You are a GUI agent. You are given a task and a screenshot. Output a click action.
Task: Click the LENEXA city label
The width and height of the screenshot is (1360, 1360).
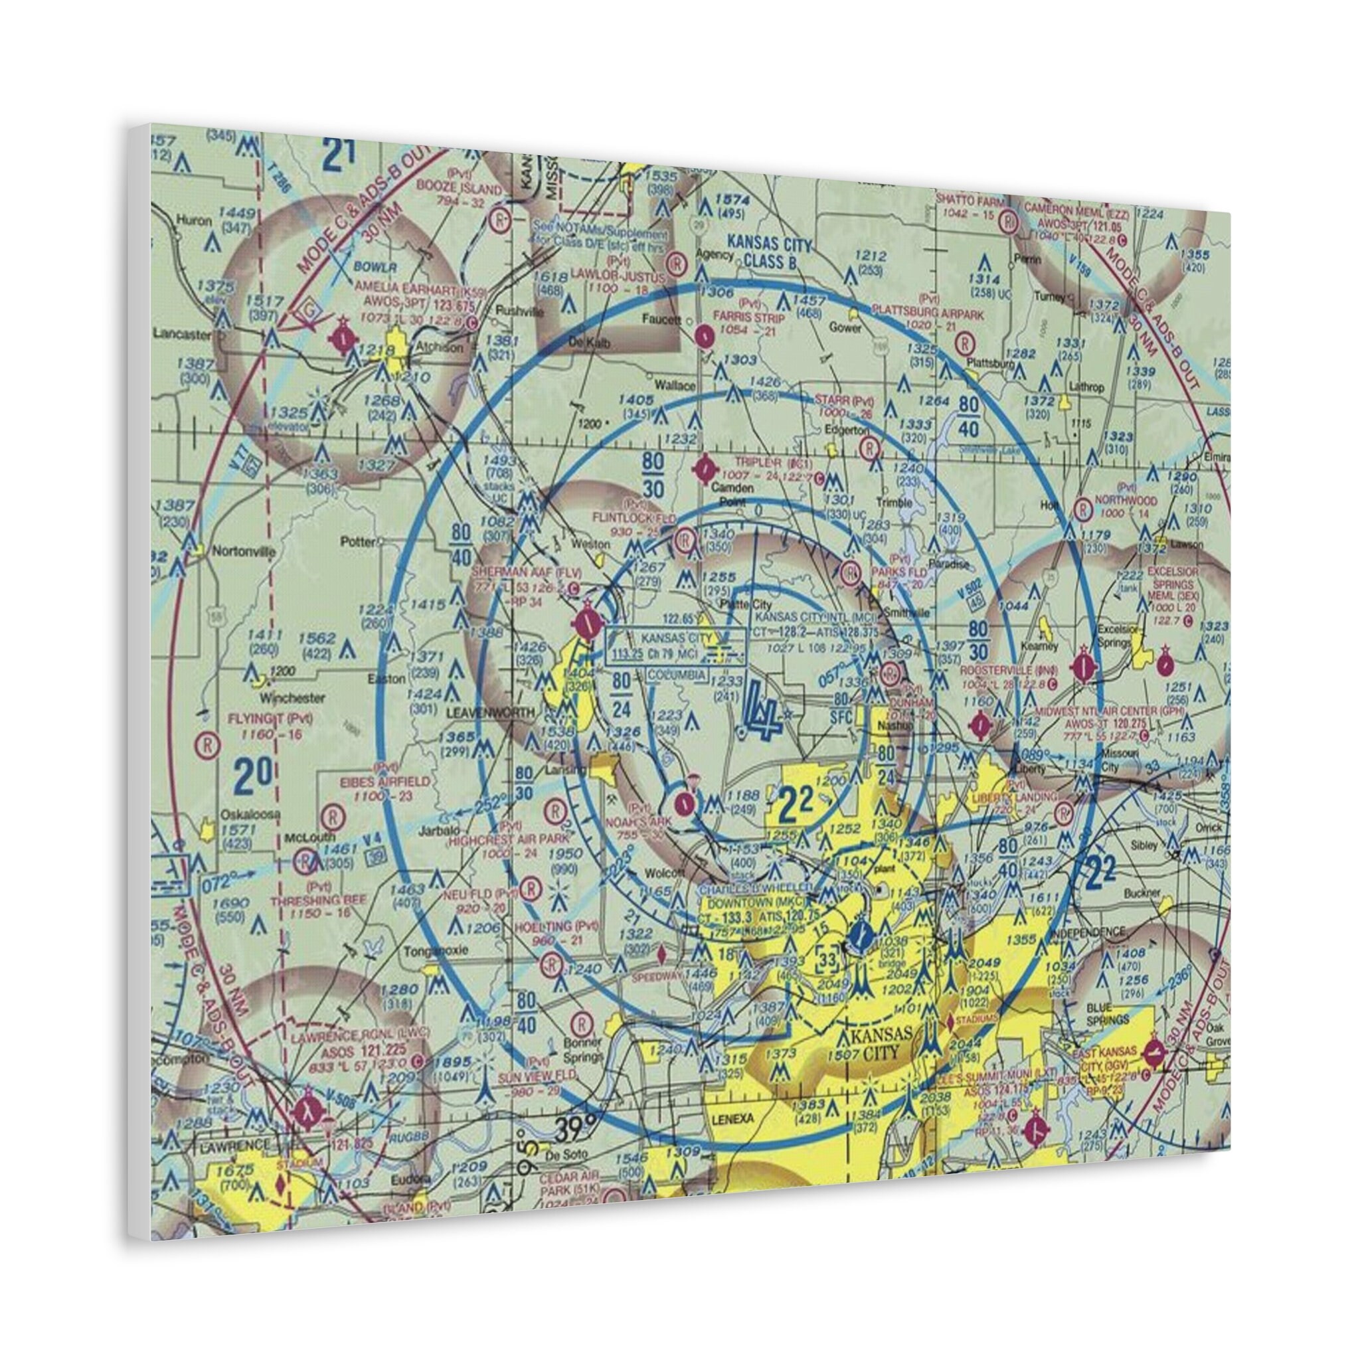click(726, 1118)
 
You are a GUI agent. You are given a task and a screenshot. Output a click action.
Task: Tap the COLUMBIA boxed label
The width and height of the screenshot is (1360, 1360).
click(677, 675)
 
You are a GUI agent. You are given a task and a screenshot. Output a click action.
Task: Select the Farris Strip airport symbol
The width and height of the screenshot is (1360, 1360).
click(703, 336)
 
